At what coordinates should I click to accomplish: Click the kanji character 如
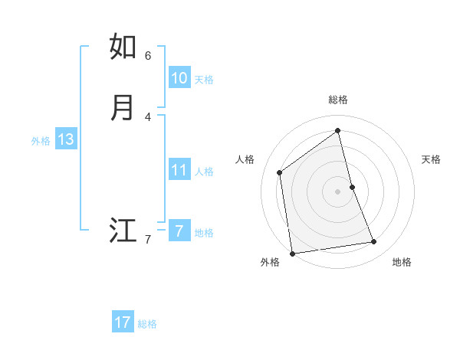coord(123,47)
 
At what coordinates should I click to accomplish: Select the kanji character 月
coord(123,108)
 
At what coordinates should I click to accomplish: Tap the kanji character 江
coord(123,231)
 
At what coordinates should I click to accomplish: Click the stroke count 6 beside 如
coord(148,55)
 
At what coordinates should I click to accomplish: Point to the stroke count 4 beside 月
coord(148,116)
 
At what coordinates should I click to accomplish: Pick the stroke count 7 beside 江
coord(148,240)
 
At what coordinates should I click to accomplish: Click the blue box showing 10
coord(179,78)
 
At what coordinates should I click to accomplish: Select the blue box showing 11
coord(179,170)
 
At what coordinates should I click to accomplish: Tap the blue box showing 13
coord(66,139)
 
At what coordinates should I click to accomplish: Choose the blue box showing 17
coord(123,322)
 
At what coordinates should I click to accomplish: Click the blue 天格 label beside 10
coord(204,80)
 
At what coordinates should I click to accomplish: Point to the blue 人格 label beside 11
coord(205,172)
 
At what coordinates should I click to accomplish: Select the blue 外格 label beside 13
coord(41,141)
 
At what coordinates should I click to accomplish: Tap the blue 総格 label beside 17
coord(147,324)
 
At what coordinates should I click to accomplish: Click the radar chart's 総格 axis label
coord(338,100)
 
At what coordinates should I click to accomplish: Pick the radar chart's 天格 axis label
coord(431,159)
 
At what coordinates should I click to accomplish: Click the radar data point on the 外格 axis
coord(292,253)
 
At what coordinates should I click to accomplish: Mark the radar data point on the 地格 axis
coord(374,242)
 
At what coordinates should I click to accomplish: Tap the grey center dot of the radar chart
coord(338,191)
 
